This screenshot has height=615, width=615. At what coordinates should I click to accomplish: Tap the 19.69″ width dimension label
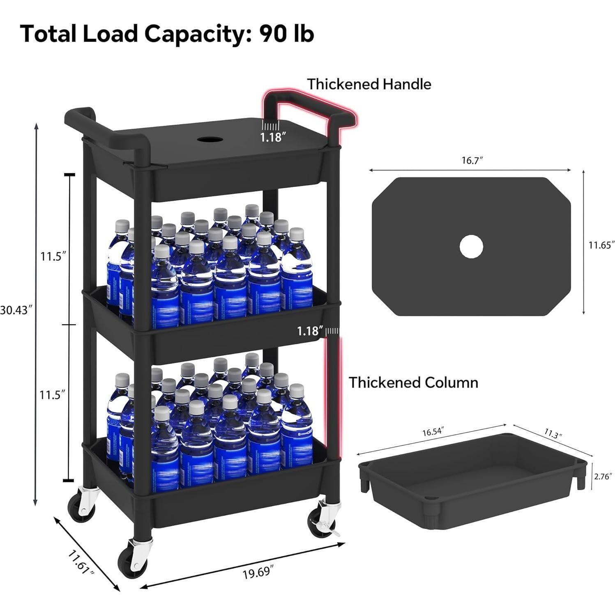click(x=258, y=572)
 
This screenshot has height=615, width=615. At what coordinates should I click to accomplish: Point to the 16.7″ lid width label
click(x=472, y=160)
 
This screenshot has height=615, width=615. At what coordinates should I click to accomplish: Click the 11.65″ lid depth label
click(x=601, y=245)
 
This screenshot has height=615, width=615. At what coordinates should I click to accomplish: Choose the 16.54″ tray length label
click(x=433, y=431)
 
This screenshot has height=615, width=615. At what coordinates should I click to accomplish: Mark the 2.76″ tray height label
click(x=603, y=477)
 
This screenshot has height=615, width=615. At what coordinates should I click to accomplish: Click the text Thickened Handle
click(x=369, y=84)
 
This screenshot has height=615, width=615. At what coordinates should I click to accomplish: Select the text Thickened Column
click(x=413, y=382)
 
